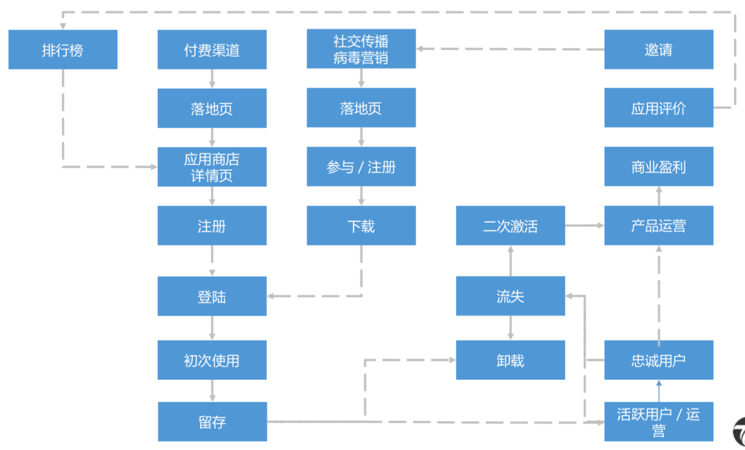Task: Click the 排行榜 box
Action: [63, 50]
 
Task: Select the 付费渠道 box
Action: [212, 50]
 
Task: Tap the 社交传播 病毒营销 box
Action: [361, 49]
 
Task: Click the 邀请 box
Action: [658, 50]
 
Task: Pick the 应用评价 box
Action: [658, 108]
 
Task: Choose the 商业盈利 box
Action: [658, 167]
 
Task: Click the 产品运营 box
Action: [658, 226]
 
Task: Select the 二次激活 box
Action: [510, 226]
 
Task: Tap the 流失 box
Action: [510, 296]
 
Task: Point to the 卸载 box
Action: [510, 360]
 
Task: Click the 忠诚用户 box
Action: [658, 360]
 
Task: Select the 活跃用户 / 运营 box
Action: [658, 422]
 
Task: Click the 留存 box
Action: [212, 422]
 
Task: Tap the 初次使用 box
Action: [212, 360]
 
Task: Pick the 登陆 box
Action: [212, 296]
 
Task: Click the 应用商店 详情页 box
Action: [212, 167]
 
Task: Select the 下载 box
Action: [361, 226]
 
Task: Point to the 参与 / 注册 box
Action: [361, 167]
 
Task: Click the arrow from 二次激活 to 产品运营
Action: [585, 226]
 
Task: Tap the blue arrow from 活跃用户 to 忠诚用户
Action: [658, 391]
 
